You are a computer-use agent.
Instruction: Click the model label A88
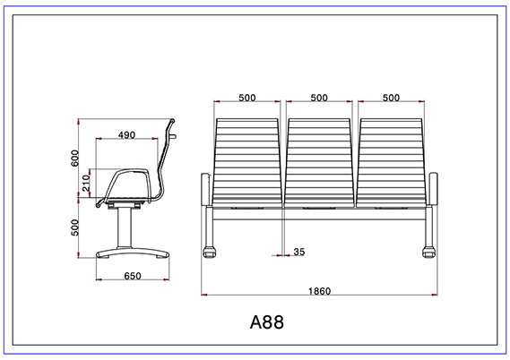click(267, 322)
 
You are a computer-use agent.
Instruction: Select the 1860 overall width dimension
click(319, 291)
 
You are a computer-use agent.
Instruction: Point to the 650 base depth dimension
click(133, 276)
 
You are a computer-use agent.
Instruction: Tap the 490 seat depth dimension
click(126, 135)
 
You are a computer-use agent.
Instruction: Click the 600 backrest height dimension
click(74, 158)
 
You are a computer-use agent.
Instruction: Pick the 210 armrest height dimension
click(86, 183)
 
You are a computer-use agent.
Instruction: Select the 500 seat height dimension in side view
click(74, 227)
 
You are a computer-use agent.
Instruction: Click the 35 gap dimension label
click(299, 252)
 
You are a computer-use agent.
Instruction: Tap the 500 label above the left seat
click(247, 98)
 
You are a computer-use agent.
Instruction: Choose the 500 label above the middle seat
click(319, 98)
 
